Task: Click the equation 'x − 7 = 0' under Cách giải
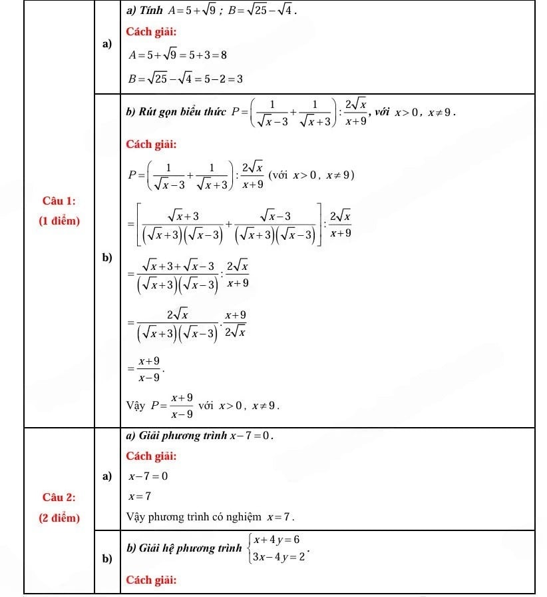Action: tap(148, 476)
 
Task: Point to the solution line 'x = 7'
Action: tap(140, 496)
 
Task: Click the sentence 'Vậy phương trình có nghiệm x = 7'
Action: tap(210, 517)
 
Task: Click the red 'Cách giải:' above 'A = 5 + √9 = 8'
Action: tap(151, 32)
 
